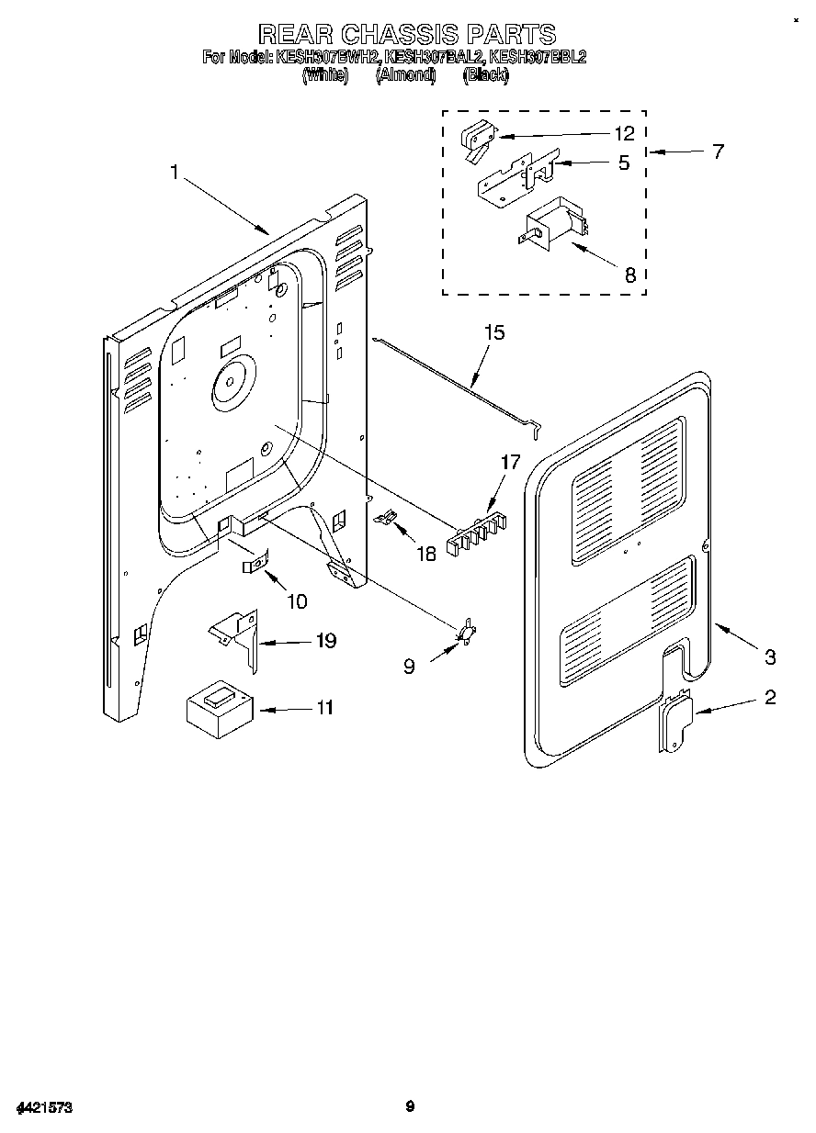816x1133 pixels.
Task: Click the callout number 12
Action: (x=624, y=134)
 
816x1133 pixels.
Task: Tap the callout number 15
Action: (x=494, y=332)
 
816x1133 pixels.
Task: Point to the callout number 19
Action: (x=325, y=641)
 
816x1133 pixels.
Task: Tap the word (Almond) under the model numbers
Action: (x=405, y=76)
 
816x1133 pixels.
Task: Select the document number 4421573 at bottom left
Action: (x=43, y=1107)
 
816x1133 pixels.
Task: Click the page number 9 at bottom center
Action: (x=411, y=1106)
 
